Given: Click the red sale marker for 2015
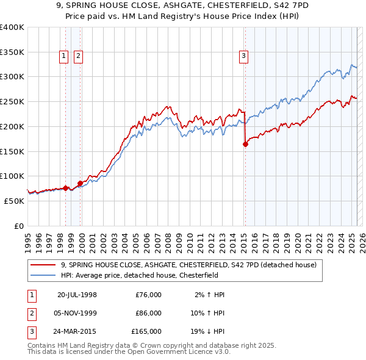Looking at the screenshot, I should (245, 145).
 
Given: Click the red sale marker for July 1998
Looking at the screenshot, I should (65, 188).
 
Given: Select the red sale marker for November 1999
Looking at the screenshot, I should (80, 183).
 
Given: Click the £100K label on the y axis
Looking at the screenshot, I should (12, 176).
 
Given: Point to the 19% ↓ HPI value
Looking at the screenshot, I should (207, 331).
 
